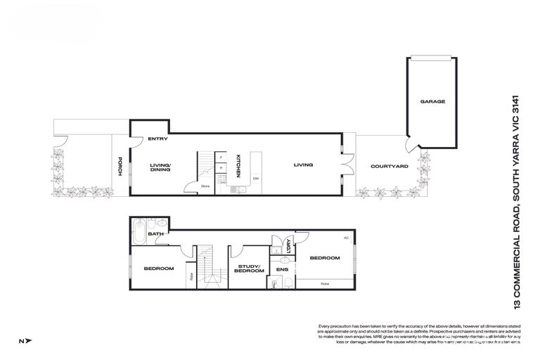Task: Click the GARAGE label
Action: pos(432,102)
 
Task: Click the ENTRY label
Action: pos(157,139)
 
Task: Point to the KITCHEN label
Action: pos(238,166)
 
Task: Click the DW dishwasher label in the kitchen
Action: pos(256,178)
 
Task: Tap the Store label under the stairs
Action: pos(205,186)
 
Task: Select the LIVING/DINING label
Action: pos(161,167)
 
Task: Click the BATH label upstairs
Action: pos(155,234)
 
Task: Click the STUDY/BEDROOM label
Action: pos(248,269)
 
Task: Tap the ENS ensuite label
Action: pos(281,269)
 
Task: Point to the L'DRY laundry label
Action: pos(288,245)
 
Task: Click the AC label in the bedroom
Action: pos(346,238)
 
